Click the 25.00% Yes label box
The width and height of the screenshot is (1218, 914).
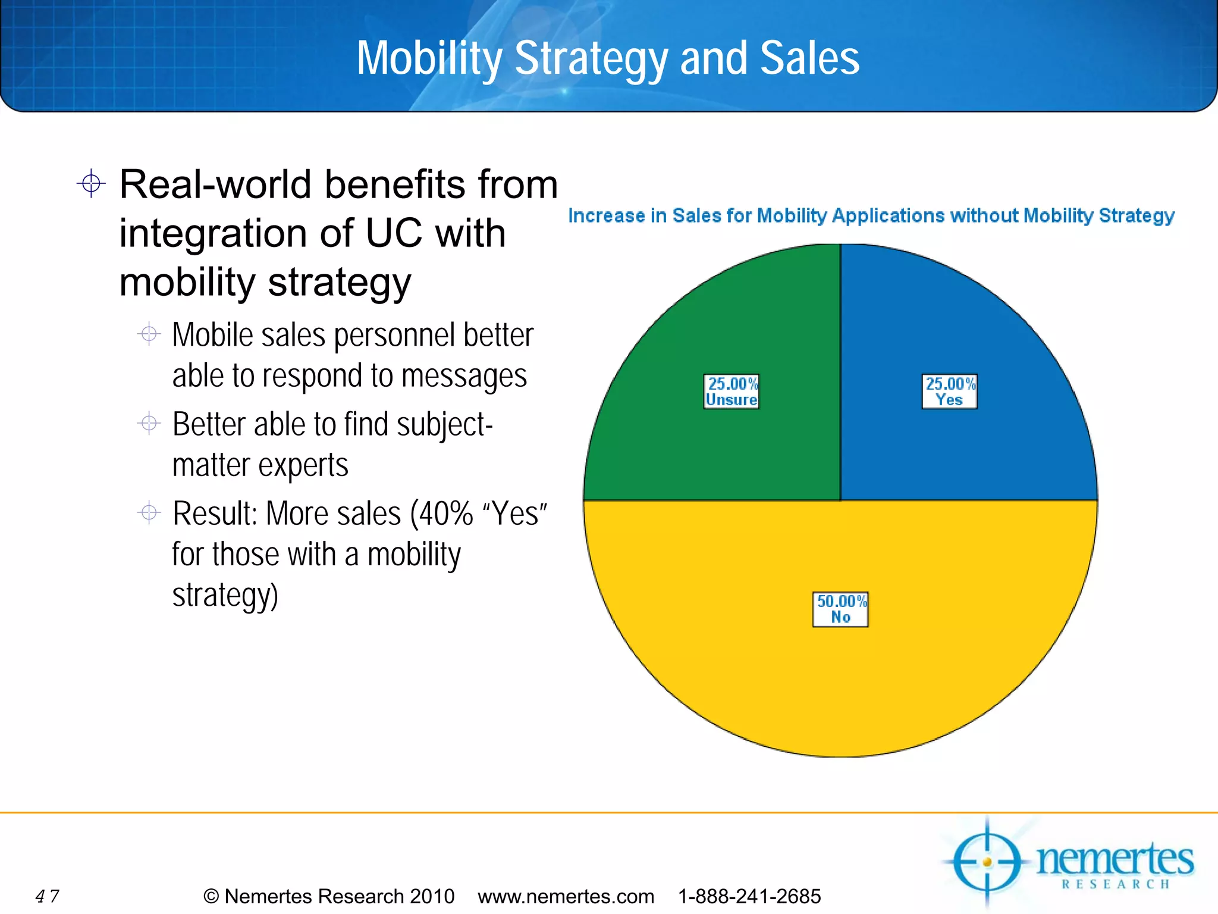[949, 392]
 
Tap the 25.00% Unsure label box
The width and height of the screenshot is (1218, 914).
[732, 392]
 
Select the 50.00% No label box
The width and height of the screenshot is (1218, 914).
[840, 609]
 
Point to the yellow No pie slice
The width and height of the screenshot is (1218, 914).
[840, 684]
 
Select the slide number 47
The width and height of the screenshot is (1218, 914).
[47, 896]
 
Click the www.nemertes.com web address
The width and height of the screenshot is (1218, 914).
[566, 896]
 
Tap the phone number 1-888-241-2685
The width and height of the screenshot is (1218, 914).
[749, 896]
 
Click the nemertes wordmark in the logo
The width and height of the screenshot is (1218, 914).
[1115, 859]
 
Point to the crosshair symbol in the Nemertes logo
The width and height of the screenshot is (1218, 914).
[987, 862]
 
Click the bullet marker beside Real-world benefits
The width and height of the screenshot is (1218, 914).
[91, 183]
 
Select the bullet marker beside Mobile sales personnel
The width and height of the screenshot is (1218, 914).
[149, 334]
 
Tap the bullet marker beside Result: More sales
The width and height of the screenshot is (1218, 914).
[149, 512]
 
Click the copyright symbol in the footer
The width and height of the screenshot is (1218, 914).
[211, 896]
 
